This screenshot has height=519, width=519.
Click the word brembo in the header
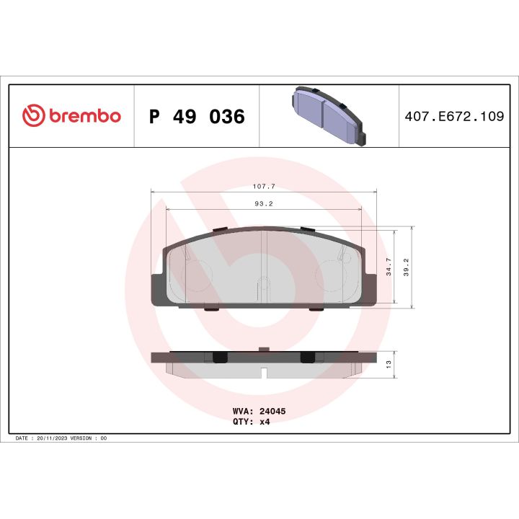click(84, 116)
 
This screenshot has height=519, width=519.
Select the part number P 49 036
click(196, 116)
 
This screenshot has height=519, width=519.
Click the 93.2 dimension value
click(264, 204)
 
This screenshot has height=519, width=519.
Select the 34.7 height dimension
click(389, 267)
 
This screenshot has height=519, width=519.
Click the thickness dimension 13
click(389, 363)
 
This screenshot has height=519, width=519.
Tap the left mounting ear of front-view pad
click(156, 288)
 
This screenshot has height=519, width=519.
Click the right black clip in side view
click(307, 357)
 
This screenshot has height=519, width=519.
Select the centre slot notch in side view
click(265, 372)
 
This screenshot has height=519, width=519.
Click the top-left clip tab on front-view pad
click(220, 230)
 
